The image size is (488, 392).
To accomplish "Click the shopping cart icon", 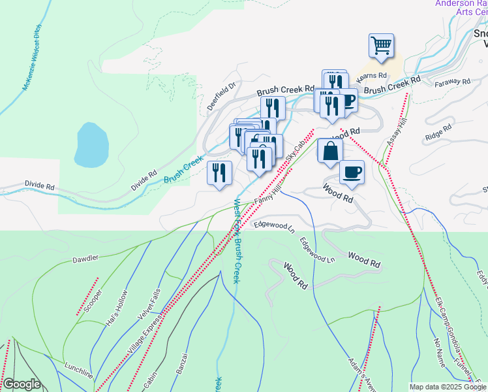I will [382, 46].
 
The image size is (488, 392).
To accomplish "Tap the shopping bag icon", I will [330, 150].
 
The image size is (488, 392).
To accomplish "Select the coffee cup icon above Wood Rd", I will [352, 172].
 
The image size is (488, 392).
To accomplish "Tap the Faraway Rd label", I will [455, 82].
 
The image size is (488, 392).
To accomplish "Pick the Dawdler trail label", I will [85, 258].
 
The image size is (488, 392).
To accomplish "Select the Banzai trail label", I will [182, 363].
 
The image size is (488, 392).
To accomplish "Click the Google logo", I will [22, 384].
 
